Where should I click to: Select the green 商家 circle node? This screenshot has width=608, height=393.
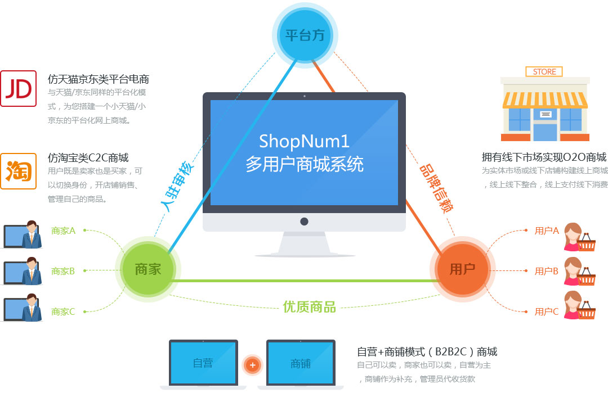tap(148, 269)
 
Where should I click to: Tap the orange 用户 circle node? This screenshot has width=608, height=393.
tap(462, 269)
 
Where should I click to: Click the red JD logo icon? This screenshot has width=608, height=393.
tap(18, 88)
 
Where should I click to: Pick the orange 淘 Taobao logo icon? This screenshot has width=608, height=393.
tap(18, 171)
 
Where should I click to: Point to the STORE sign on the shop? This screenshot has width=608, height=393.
tap(544, 72)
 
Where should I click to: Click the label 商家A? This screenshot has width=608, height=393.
tap(63, 230)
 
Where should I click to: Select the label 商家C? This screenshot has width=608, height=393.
tap(63, 311)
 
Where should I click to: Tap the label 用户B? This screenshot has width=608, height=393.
tap(546, 271)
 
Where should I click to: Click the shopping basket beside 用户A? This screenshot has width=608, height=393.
tap(587, 243)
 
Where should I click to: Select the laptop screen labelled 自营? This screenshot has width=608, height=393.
tap(203, 363)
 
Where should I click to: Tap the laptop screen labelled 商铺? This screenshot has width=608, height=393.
tap(301, 363)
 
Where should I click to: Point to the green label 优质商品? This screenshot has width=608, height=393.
tap(309, 306)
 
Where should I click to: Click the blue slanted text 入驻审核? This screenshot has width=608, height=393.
tap(178, 186)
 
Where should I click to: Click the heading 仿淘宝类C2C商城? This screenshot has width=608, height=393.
tap(88, 158)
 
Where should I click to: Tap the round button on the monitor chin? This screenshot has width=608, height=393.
tap(304, 222)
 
